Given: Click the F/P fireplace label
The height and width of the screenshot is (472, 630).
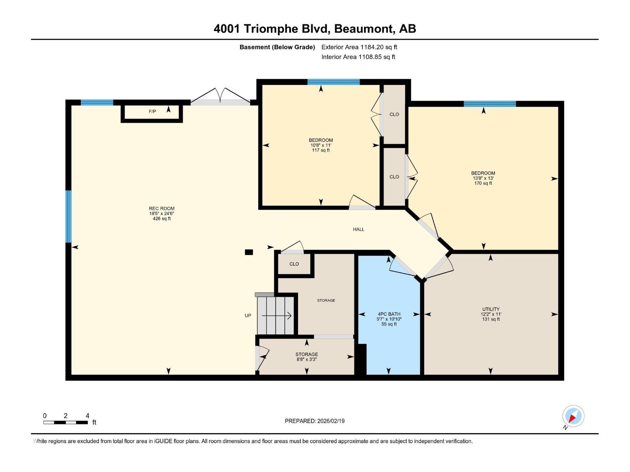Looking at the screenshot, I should pyautogui.click(x=152, y=112).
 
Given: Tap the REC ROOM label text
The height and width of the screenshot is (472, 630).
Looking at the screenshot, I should pyautogui.click(x=161, y=209).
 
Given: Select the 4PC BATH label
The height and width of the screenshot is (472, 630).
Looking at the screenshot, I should pyautogui.click(x=389, y=314).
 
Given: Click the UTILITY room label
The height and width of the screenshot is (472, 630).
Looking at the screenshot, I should pyautogui.click(x=491, y=309).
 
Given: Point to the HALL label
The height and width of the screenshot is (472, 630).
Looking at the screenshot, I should pyautogui.click(x=358, y=229).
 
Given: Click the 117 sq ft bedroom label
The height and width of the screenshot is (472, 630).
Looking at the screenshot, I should pyautogui.click(x=321, y=145).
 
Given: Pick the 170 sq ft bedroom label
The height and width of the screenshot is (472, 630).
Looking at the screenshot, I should pyautogui.click(x=483, y=178).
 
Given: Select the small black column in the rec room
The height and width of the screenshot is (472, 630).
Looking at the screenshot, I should pyautogui.click(x=249, y=253).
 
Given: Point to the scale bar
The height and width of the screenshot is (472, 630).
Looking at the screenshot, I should pyautogui.click(x=65, y=422).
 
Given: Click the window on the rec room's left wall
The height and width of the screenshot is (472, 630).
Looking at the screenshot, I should pyautogui.click(x=69, y=216).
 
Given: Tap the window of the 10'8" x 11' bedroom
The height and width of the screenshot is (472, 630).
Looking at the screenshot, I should pyautogui.click(x=333, y=82).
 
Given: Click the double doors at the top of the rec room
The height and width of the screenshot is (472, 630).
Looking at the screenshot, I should pyautogui.click(x=220, y=98).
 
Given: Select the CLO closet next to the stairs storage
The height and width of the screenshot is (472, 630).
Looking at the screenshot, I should pyautogui.click(x=294, y=264).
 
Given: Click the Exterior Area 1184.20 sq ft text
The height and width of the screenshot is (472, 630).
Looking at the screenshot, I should pyautogui.click(x=359, y=47).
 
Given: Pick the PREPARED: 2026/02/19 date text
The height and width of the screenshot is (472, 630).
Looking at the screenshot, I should pyautogui.click(x=315, y=421).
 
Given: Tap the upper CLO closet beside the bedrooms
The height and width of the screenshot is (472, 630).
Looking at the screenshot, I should pyautogui.click(x=394, y=114).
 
